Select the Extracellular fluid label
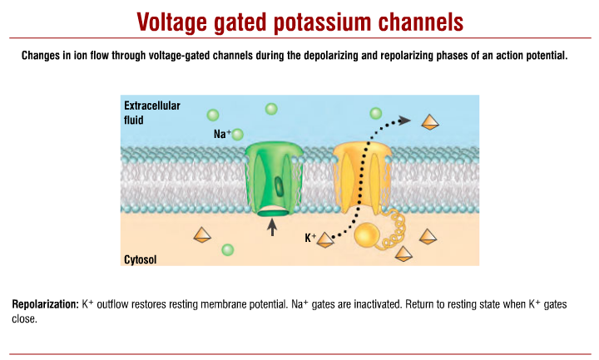(152, 112)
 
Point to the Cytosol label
(141, 259)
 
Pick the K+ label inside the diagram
(310, 239)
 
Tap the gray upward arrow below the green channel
(271, 224)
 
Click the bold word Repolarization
(46, 305)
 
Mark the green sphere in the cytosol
(228, 249)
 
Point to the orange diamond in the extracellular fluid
(430, 123)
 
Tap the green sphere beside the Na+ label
(239, 134)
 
